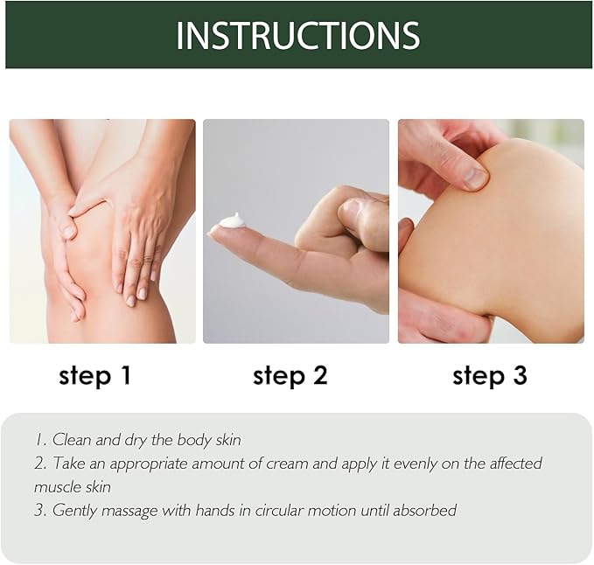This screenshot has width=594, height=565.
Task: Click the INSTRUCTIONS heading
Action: pyautogui.click(x=298, y=35)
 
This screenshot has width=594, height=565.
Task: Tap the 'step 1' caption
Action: pyautogui.click(x=94, y=376)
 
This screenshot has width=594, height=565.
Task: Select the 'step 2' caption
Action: pyautogui.click(x=290, y=376)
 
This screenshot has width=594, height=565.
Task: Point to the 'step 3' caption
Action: pyautogui.click(x=490, y=376)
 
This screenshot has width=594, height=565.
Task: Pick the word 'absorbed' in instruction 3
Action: pyautogui.click(x=424, y=510)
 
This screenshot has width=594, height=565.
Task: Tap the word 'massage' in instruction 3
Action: pyautogui.click(x=129, y=512)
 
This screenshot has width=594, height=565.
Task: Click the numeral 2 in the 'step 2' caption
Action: pyautogui.click(x=320, y=376)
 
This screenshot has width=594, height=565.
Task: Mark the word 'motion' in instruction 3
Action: pyautogui.click(x=332, y=510)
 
